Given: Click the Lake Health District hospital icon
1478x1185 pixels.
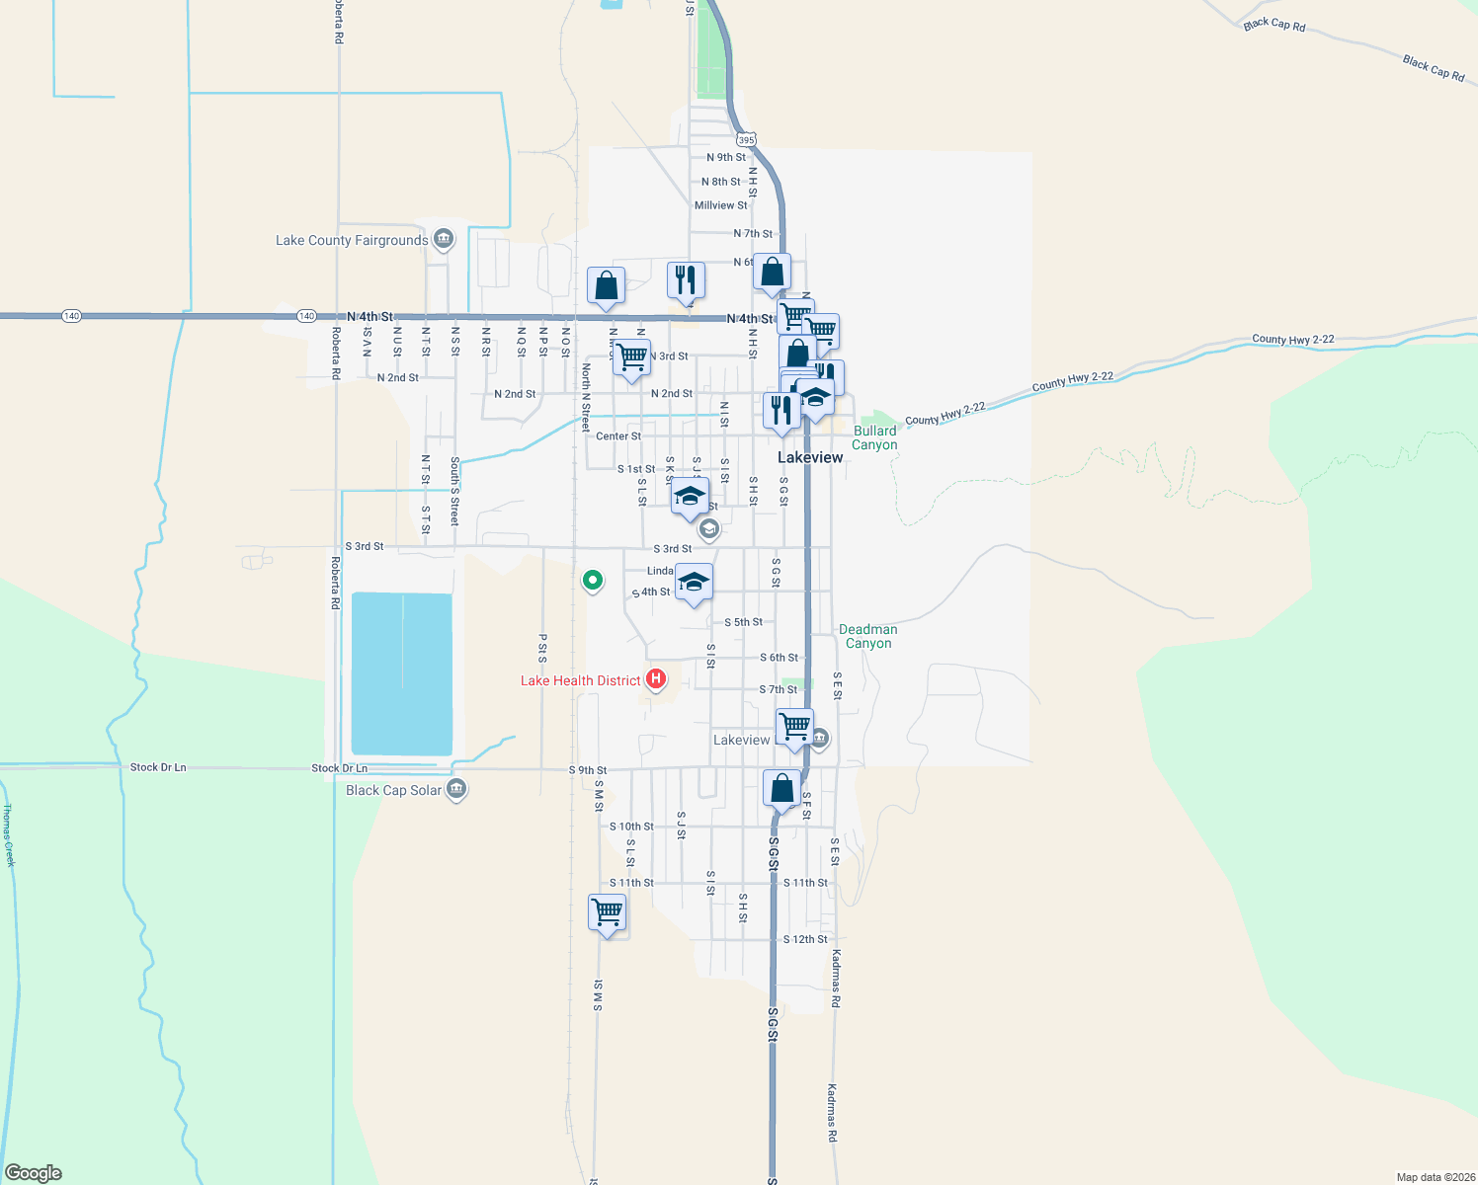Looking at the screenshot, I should [655, 679].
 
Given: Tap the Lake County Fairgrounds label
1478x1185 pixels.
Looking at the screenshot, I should [352, 240].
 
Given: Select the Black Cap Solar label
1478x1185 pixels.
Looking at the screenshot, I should [393, 790].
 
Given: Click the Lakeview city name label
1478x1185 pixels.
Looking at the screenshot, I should [810, 457].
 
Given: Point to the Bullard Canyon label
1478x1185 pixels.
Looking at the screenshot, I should [875, 437].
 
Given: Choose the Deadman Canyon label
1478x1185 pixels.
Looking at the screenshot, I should [868, 636].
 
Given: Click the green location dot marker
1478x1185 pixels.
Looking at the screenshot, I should [592, 580].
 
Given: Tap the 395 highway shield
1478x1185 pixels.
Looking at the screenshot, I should [746, 140].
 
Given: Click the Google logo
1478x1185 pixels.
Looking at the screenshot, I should [34, 1173].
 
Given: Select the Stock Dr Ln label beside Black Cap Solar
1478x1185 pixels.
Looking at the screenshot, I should [339, 768].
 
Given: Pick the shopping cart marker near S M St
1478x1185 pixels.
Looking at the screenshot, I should [607, 912].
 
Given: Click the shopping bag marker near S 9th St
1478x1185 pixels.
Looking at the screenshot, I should [781, 789].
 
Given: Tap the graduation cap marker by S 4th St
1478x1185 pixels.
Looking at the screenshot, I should [695, 583].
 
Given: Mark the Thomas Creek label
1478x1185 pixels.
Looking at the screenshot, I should [9, 835].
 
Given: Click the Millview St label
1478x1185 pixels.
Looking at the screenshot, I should [721, 205].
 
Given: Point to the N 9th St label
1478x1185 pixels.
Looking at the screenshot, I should [726, 157].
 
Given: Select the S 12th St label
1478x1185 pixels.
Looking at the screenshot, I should [805, 939].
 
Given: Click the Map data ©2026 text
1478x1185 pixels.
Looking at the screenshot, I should [1435, 1177].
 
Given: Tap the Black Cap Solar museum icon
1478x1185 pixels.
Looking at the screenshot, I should [456, 789].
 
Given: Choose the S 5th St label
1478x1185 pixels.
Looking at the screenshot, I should [743, 622].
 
